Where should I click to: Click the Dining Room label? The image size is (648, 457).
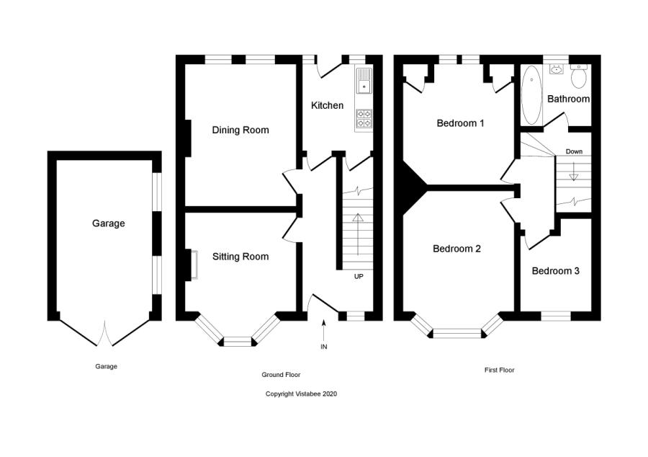(240, 130)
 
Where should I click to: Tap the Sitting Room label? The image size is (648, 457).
(240, 257)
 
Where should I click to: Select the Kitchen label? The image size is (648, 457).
(327, 106)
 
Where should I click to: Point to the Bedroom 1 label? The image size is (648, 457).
(460, 123)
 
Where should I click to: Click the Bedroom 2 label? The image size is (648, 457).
(456, 249)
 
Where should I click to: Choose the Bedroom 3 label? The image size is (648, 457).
(555, 271)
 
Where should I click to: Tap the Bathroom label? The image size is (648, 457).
(568, 99)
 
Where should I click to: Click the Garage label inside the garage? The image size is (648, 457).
(108, 223)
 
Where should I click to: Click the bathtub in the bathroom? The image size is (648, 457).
(531, 95)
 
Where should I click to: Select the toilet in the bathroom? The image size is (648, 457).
(579, 75)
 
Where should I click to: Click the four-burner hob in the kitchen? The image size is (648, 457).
(364, 118)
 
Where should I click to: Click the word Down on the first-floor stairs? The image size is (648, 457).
(574, 151)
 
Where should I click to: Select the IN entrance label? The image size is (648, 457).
(323, 347)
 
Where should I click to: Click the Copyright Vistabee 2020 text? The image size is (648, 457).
(301, 394)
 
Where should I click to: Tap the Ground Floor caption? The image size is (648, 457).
(281, 375)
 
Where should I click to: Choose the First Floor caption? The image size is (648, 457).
(499, 371)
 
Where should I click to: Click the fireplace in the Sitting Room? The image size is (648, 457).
(192, 265)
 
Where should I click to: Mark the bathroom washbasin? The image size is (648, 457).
(555, 69)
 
